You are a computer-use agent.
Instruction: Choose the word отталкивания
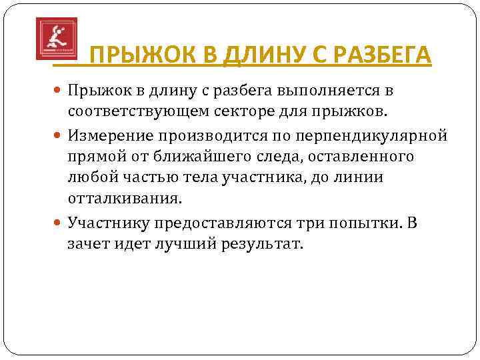pyautogui.click(x=123, y=198)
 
